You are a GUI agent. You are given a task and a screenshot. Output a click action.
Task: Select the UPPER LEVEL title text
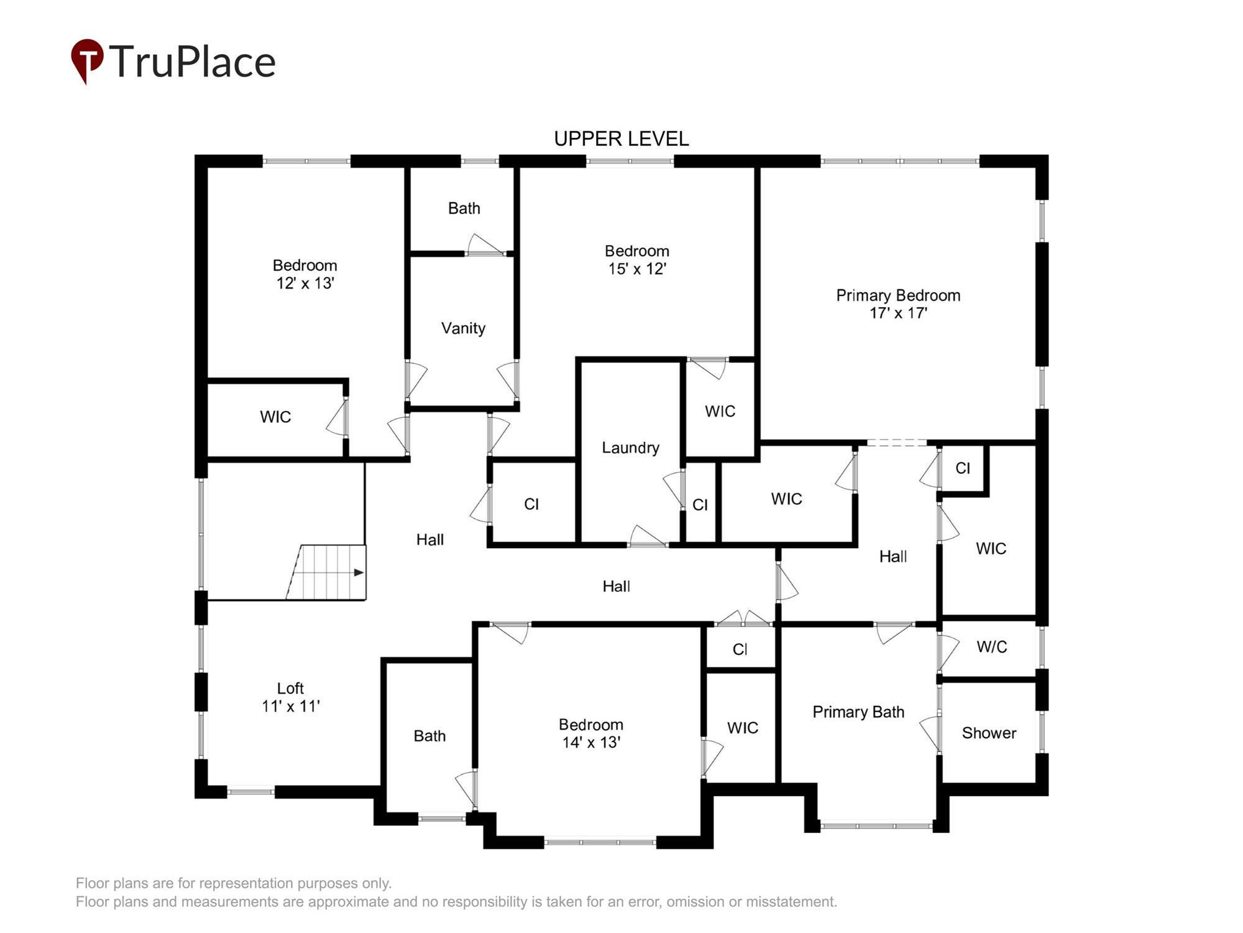click(621, 139)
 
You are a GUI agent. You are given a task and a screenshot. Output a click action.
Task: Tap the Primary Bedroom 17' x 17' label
click(898, 304)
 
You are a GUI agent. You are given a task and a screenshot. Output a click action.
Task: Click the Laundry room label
click(630, 448)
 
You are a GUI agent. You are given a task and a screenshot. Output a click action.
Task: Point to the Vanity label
click(463, 328)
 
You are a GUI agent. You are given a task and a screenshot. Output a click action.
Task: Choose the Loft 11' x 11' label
click(290, 697)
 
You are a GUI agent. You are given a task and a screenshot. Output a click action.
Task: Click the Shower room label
click(989, 733)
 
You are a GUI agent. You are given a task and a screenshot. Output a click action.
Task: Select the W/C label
click(991, 647)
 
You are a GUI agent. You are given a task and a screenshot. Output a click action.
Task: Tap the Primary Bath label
click(858, 712)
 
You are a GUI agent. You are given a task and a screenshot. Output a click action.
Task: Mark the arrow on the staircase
click(358, 572)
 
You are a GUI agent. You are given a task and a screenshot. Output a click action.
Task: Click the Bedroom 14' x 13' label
click(590, 733)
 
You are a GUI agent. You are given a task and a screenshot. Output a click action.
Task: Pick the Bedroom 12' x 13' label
click(305, 274)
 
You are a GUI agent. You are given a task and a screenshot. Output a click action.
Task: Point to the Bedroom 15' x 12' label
click(637, 259)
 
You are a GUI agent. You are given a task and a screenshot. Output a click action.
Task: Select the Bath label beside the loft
click(429, 736)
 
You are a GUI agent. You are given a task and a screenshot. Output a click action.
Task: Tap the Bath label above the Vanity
click(464, 208)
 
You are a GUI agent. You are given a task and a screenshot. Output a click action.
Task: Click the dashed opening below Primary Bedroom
click(896, 442)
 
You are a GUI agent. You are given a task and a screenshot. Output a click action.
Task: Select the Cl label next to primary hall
click(962, 468)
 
